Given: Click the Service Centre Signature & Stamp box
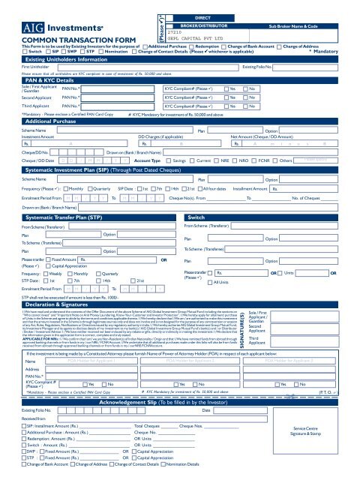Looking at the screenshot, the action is (x=310, y=449).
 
